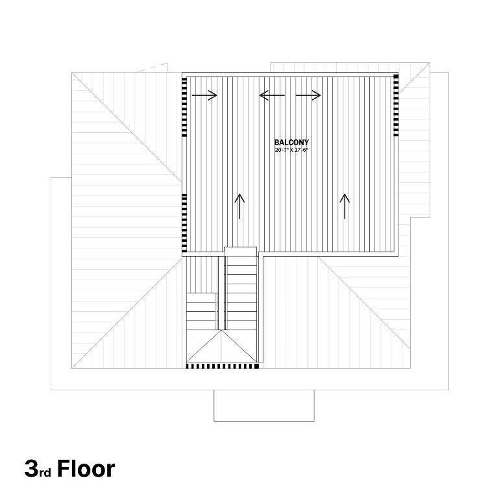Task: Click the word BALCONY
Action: pyautogui.click(x=291, y=142)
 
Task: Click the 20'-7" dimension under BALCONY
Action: pyautogui.click(x=281, y=150)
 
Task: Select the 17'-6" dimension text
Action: pyautogui.click(x=300, y=150)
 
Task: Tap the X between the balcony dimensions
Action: pyautogui.click(x=291, y=150)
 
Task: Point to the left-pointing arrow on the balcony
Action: pyautogui.click(x=272, y=95)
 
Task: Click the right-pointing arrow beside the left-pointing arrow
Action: pyautogui.click(x=308, y=95)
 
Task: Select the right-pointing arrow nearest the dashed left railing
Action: pyautogui.click(x=204, y=95)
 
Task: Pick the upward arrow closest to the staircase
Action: pyautogui.click(x=239, y=206)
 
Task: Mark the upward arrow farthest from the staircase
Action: pyautogui.click(x=345, y=206)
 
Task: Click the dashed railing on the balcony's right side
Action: pyautogui.click(x=396, y=105)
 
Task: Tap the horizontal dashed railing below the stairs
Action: pyautogui.click(x=223, y=366)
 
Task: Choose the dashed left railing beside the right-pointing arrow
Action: pyautogui.click(x=184, y=107)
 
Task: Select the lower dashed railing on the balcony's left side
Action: pyautogui.click(x=184, y=222)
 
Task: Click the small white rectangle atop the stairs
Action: pyautogui.click(x=241, y=252)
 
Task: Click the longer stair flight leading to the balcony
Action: pyautogui.click(x=241, y=292)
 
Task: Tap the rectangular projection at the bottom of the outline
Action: pyautogui.click(x=264, y=405)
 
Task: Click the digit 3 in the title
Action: pyautogui.click(x=31, y=469)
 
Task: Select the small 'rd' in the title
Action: pyautogui.click(x=45, y=473)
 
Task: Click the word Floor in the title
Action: pyautogui.click(x=86, y=469)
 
